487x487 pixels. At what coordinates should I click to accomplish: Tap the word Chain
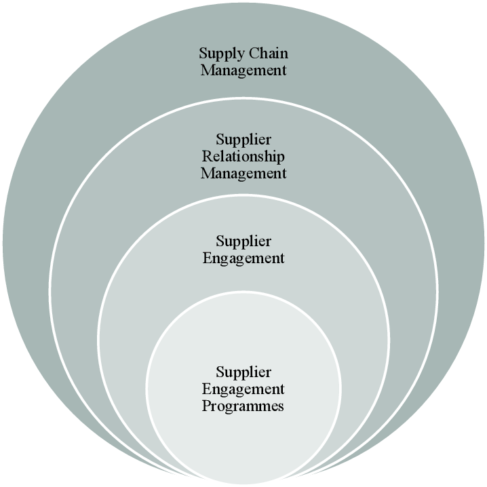coord(269,54)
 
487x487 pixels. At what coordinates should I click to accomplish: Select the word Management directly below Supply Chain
coord(243,71)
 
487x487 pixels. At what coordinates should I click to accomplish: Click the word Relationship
coord(243,157)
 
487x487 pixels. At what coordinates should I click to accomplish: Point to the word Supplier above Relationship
coord(243,140)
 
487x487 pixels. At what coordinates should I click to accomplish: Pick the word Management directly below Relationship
coord(243,174)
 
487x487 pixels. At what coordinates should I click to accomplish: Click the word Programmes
coord(243,406)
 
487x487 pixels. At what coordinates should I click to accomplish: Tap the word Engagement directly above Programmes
coord(243,389)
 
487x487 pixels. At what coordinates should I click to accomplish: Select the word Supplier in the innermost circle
coord(243,372)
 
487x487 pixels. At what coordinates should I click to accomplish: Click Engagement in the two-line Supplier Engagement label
coord(243,258)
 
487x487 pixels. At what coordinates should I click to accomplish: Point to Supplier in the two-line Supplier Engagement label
coord(243,241)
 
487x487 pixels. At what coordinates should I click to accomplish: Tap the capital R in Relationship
coord(206,157)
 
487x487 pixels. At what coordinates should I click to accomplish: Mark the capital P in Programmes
coord(206,406)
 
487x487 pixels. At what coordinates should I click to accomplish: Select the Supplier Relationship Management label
coord(243,157)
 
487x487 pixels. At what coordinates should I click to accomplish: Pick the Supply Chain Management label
coord(243,62)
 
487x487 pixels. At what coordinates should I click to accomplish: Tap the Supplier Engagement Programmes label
coord(243,389)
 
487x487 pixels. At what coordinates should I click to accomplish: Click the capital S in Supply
coord(203,54)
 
